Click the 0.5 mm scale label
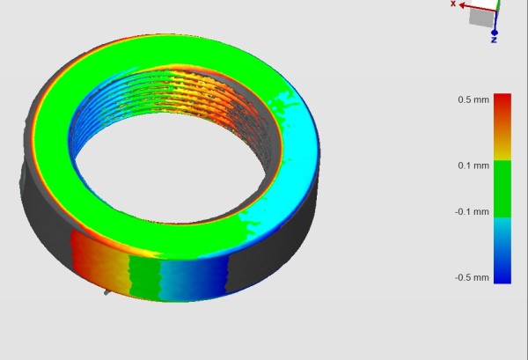click(x=473, y=99)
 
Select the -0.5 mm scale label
click(x=472, y=277)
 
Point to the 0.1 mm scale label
click(x=473, y=165)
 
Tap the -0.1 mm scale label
click(x=472, y=212)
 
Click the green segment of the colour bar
click(x=502, y=188)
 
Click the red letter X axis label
click(x=453, y=4)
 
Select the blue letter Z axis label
click(x=494, y=40)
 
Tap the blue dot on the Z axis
click(x=495, y=33)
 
